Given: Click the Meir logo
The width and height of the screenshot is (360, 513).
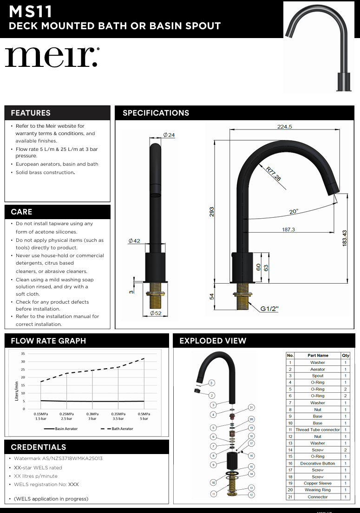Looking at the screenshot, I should (x=52, y=57).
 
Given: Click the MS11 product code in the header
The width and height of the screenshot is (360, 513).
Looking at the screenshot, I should (x=31, y=11).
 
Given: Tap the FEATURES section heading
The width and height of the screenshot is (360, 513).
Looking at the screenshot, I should (x=31, y=113).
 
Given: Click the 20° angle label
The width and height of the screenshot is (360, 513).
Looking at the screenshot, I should (x=294, y=212).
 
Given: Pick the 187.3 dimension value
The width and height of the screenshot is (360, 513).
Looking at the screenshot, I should (x=288, y=229).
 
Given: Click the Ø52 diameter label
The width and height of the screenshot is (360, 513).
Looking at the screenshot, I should (x=155, y=314).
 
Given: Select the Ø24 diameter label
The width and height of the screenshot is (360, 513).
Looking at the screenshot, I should (x=169, y=135).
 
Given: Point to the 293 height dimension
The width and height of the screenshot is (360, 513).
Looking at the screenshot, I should (x=212, y=212).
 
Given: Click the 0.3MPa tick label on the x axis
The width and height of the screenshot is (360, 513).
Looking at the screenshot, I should (x=92, y=416).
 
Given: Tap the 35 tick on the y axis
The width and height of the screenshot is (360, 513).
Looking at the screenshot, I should (x=23, y=354).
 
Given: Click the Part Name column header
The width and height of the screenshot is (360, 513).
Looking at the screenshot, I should (x=318, y=356).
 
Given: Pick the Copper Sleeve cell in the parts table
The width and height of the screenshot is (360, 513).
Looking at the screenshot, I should (x=318, y=483).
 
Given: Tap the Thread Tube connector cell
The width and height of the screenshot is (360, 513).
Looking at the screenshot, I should (x=318, y=430).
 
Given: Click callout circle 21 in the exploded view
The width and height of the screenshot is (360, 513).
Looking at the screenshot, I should (x=251, y=407).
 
